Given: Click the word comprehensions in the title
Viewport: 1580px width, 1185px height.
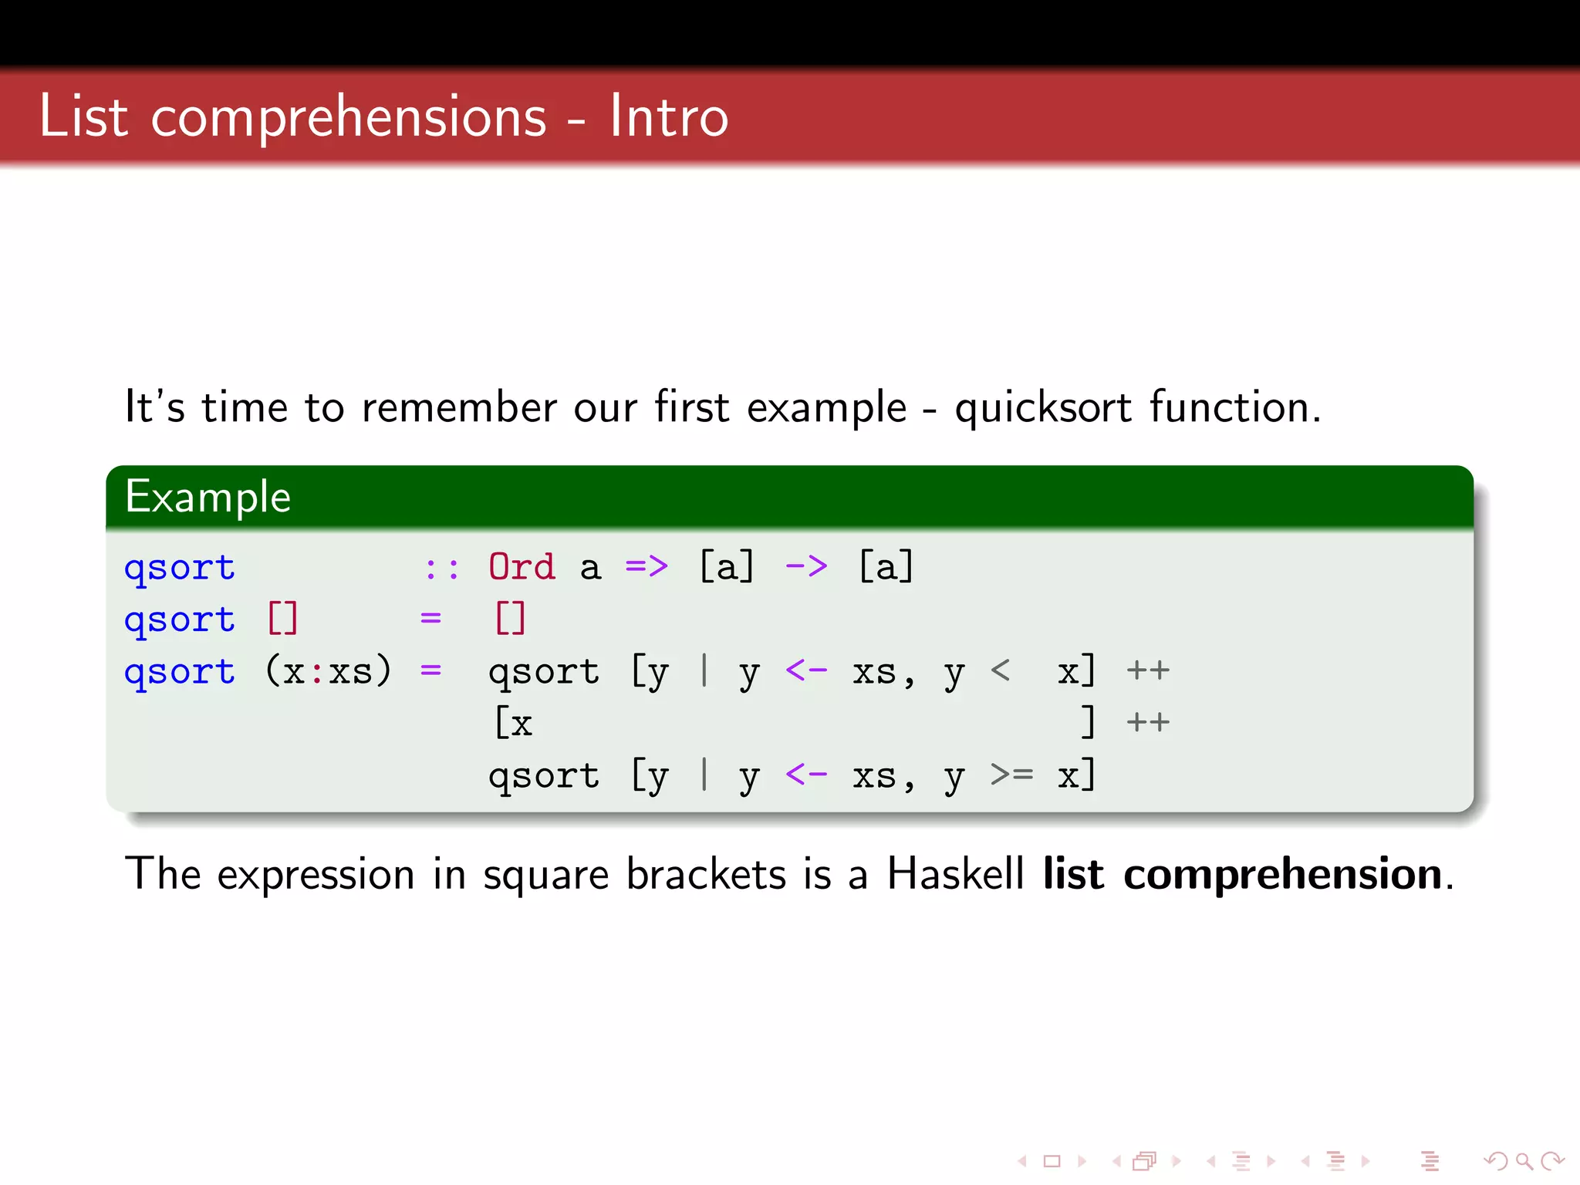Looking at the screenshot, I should coord(349,117).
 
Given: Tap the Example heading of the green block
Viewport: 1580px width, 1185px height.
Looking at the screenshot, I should coord(208,496).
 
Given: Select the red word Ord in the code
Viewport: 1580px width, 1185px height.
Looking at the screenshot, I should coord(522,567).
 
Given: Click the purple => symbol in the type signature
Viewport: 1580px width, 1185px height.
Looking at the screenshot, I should coord(647,567).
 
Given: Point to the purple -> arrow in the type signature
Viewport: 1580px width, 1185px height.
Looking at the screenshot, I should coord(806,567).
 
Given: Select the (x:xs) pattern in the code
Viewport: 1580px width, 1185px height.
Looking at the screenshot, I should coord(329,670).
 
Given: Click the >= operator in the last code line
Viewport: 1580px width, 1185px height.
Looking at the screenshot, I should coord(1011,774).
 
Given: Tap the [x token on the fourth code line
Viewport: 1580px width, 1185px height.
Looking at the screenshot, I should coord(514,723).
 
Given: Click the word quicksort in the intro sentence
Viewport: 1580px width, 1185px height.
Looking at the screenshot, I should coord(1043,407).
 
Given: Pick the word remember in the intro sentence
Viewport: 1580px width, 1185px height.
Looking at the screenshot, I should coord(458,407).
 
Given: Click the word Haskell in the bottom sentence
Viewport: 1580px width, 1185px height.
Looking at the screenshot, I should coord(955,874).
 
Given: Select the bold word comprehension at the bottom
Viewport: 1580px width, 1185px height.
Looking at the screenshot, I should coord(1282,876).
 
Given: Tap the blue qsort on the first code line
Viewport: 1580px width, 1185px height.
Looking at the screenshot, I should coord(180,569).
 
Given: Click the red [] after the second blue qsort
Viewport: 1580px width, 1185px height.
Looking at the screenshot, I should coord(282,619).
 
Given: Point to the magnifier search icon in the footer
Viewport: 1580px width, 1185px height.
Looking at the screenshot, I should coord(1524,1160).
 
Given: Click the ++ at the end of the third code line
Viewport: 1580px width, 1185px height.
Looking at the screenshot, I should coord(1148,670).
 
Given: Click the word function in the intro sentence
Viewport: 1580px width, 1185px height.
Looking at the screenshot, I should coord(1234,407).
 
